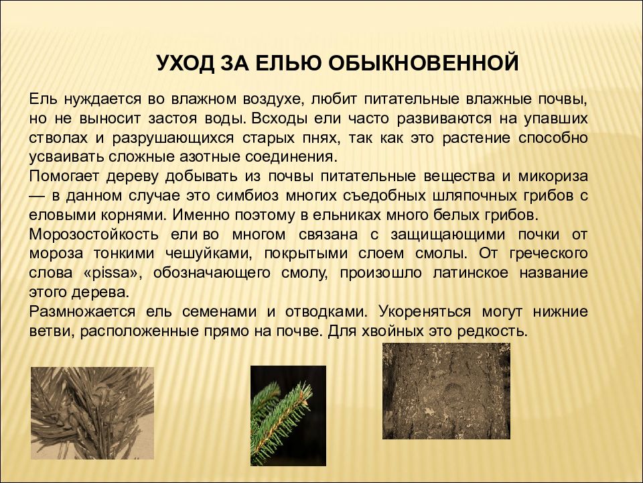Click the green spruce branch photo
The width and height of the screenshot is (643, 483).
tap(288, 415)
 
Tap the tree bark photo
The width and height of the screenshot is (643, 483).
tap(446, 390)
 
